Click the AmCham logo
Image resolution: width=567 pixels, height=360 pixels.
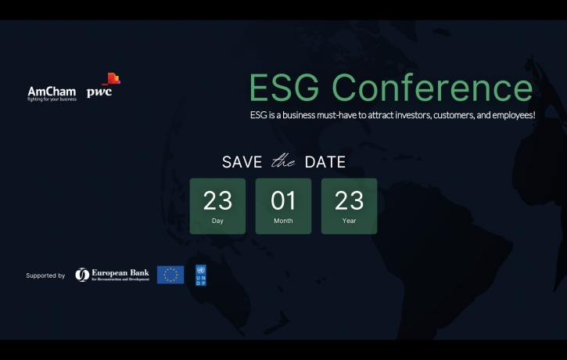52,91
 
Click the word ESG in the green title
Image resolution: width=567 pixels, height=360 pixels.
283,88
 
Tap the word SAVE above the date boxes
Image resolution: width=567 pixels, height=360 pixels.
242,163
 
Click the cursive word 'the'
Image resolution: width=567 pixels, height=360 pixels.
282,163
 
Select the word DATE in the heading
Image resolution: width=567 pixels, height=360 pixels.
325,163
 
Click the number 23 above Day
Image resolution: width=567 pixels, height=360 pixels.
217,201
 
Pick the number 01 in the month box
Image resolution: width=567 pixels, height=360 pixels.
283,201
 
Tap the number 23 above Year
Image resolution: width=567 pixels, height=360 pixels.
349,201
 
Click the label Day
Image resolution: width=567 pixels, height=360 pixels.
217,221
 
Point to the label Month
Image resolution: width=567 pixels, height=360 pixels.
283,221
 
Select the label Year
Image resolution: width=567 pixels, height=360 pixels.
349,221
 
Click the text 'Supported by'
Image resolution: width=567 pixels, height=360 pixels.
45,275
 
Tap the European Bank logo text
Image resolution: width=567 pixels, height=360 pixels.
120,274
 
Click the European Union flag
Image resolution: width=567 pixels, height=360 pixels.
170,275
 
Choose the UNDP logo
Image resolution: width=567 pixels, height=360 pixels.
201,275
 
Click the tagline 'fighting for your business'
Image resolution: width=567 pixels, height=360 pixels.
52,99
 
